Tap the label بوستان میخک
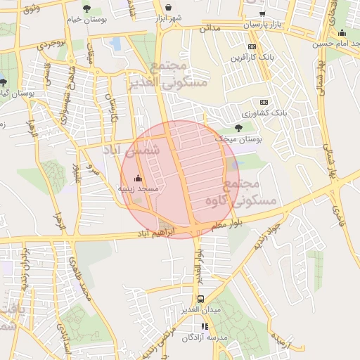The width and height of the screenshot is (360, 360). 240,140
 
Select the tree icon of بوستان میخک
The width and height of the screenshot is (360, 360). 239,128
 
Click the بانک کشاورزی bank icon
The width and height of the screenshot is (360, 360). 264,101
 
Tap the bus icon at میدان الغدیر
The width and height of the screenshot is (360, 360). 201,299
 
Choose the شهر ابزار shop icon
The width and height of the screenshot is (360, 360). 168,7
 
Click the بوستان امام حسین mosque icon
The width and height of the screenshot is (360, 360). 342,32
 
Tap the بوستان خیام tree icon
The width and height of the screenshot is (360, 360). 86,8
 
